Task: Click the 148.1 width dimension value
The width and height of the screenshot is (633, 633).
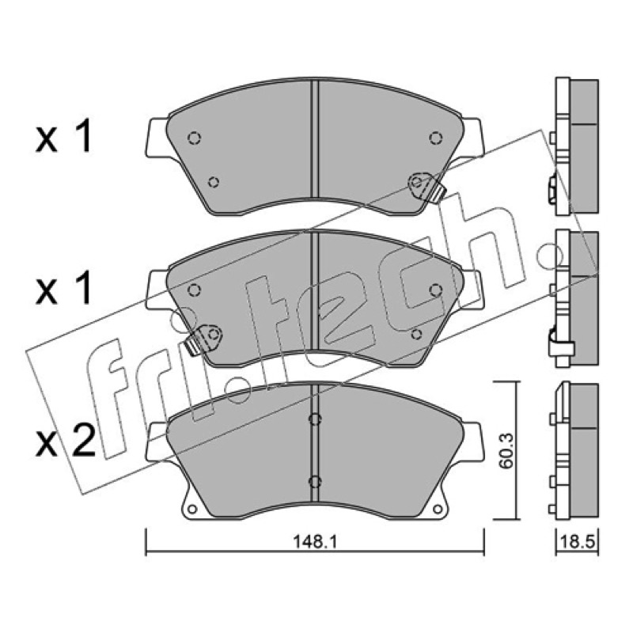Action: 314,542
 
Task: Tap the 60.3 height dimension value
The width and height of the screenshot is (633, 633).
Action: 506,450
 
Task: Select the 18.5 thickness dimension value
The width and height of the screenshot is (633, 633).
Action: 578,542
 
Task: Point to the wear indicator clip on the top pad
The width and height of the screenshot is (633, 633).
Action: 427,188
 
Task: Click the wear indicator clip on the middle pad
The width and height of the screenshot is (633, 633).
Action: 203,340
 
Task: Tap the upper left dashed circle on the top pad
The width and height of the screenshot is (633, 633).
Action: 194,138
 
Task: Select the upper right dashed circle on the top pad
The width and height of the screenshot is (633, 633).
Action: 435,138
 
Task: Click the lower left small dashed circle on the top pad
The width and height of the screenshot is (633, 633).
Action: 214,183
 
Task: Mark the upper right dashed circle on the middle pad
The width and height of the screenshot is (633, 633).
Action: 435,290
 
